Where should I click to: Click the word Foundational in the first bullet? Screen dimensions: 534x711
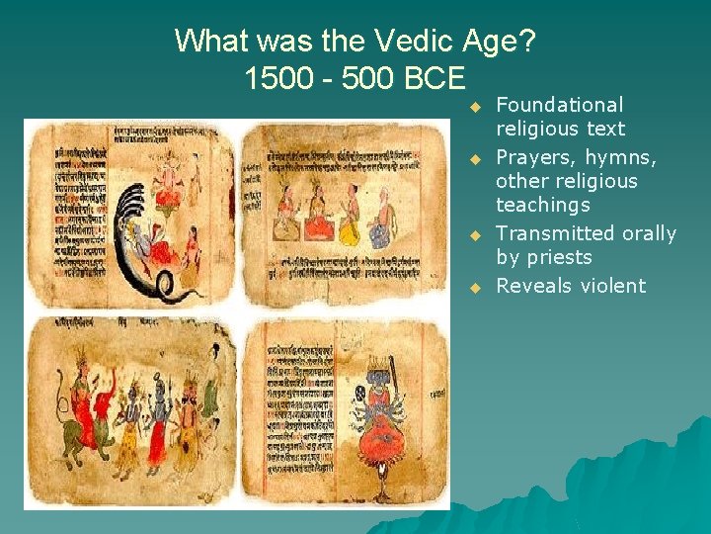coord(559,105)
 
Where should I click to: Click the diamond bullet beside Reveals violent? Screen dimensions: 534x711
coord(474,287)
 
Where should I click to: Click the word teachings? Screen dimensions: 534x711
coord(542,205)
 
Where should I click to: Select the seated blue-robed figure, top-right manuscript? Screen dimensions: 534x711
coord(381,223)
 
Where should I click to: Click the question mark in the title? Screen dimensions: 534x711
coord(525,41)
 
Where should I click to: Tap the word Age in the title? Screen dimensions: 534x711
coord(485,43)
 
